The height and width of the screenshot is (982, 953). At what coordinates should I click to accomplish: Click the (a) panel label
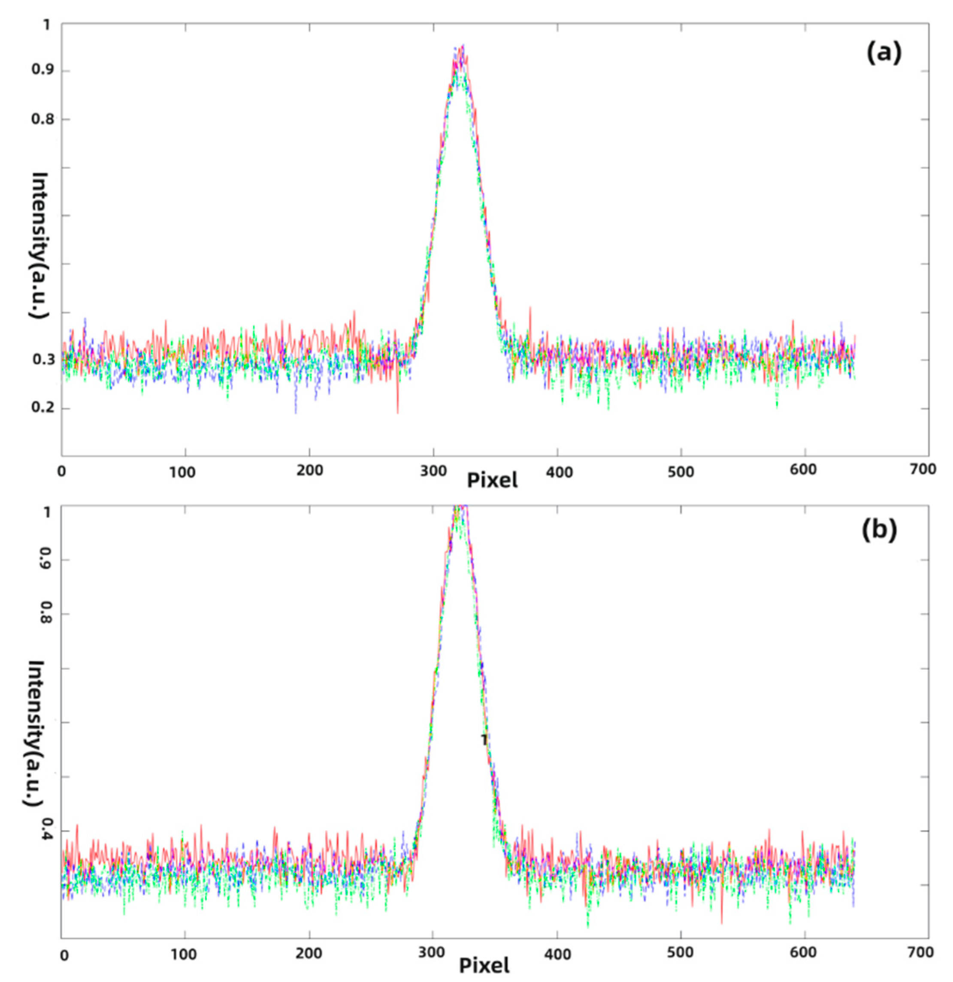tap(884, 54)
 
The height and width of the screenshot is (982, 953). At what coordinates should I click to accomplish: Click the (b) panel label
tap(879, 530)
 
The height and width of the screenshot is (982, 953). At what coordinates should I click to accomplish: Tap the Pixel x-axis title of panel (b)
tap(484, 964)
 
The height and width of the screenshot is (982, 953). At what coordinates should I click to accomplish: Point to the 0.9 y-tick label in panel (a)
tap(42, 71)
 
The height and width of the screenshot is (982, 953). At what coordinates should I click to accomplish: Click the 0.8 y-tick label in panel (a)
tap(42, 119)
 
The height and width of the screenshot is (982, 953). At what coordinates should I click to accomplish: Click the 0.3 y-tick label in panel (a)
tap(42, 360)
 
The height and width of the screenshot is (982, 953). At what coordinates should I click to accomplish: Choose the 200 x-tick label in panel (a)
tap(309, 471)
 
